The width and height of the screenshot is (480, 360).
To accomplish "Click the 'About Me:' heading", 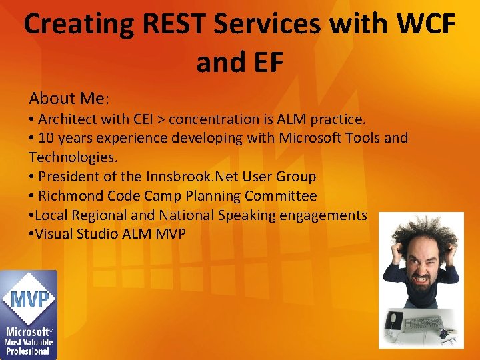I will tap(69, 99).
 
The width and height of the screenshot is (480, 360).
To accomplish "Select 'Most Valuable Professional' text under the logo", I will tap(28, 346).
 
